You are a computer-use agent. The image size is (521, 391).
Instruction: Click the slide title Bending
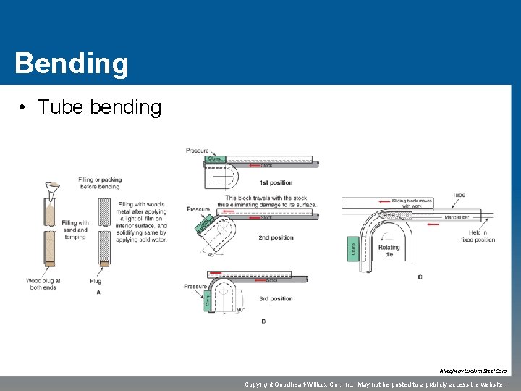[71, 63]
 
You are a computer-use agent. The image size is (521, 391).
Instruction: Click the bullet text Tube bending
[99, 107]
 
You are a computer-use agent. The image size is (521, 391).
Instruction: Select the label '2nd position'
[276, 237]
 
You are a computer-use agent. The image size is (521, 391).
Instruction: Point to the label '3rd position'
[276, 298]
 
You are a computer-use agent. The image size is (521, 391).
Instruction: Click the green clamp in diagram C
[353, 248]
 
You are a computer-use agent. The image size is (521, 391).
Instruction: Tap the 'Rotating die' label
[389, 251]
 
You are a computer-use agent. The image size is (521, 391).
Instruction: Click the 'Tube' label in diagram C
[459, 195]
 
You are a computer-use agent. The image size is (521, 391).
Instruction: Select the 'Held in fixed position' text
[478, 236]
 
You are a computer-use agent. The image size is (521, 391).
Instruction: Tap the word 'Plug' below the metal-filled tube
[96, 281]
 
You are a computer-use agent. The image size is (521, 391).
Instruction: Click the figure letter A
[98, 292]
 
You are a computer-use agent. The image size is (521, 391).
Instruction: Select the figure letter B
[263, 321]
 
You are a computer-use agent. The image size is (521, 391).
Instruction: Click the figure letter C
[420, 277]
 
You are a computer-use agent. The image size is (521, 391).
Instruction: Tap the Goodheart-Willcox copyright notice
[374, 384]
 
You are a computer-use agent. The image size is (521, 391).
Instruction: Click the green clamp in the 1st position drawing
[215, 159]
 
